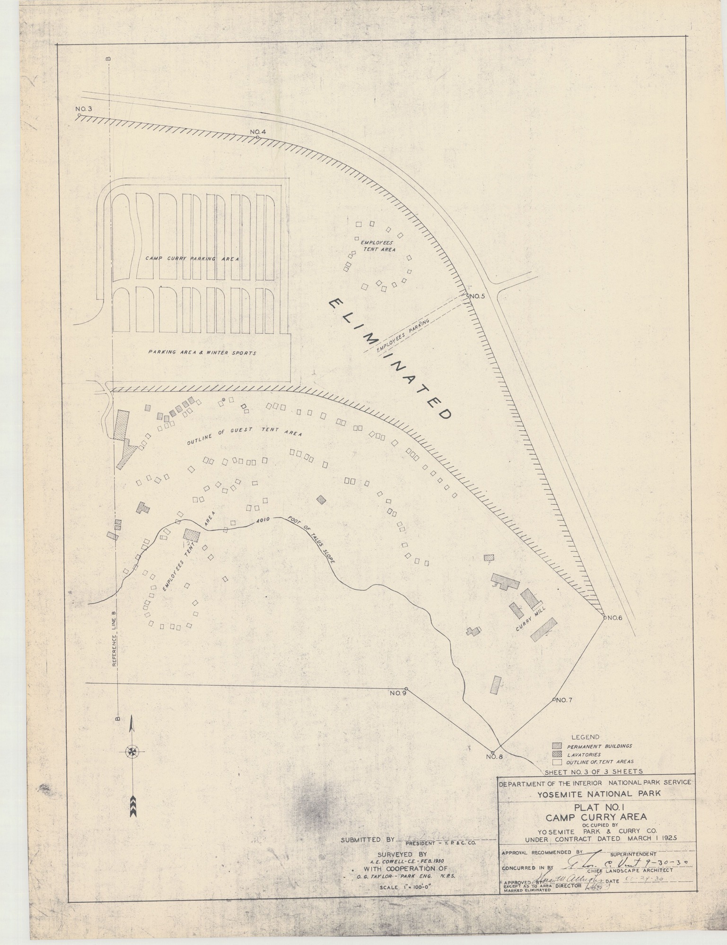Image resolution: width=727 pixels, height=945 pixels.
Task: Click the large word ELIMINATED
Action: coord(389,359)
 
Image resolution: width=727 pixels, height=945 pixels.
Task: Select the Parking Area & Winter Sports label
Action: coord(202,353)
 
